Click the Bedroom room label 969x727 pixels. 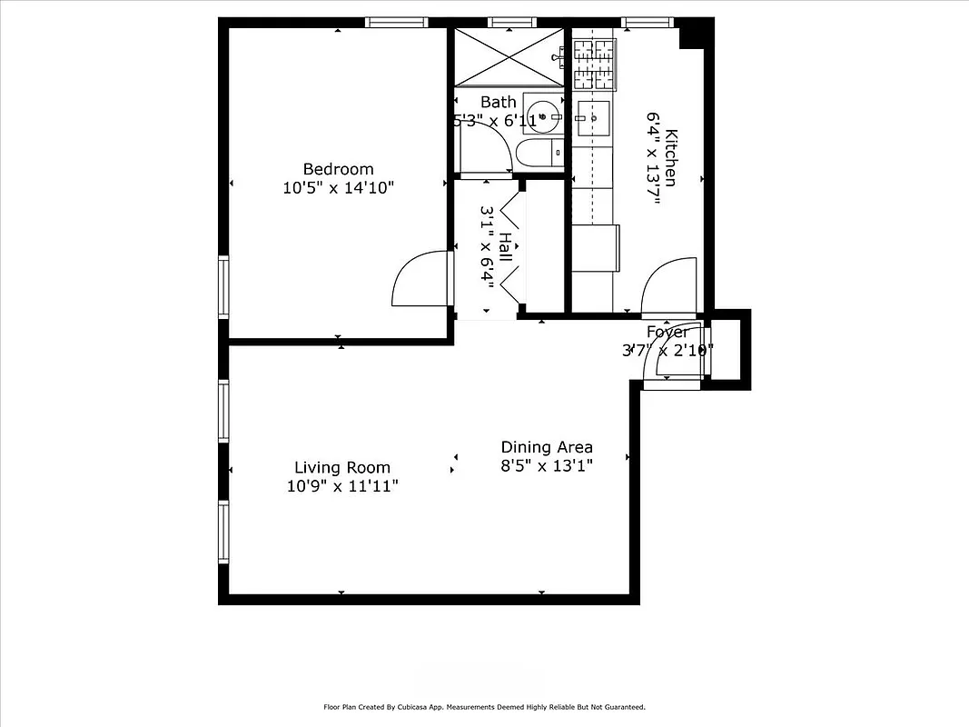coord(338,169)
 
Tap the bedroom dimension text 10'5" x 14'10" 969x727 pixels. coord(338,188)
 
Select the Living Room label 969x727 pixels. coord(342,468)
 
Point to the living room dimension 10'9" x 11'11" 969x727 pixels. coord(342,487)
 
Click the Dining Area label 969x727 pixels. coord(547,447)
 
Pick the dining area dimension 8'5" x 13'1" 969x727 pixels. coord(547,466)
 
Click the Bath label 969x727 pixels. coord(498,102)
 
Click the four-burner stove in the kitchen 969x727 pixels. coord(595,64)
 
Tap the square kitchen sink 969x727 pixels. coord(594,117)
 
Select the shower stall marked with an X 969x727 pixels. coord(508,56)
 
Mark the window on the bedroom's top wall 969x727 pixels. coord(397,22)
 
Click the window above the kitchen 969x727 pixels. coord(647,22)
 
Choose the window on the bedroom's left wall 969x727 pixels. coord(222,286)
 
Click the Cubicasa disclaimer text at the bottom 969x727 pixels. coord(484,707)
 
